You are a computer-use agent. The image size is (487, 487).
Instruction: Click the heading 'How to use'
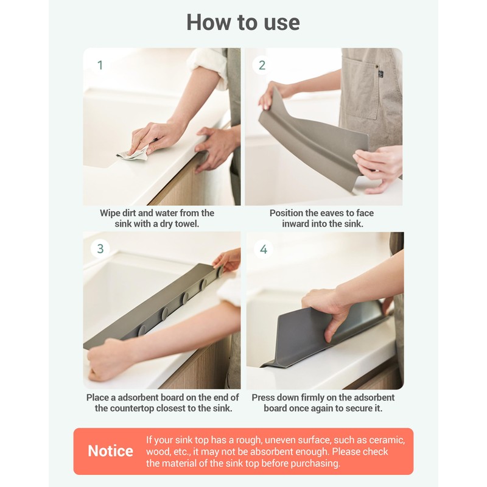click(243, 23)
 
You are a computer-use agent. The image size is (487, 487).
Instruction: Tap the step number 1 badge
click(100, 65)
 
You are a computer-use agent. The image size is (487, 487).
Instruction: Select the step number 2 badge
click(262, 65)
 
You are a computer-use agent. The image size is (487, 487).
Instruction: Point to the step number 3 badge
click(100, 248)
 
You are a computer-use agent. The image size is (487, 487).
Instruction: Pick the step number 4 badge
click(264, 249)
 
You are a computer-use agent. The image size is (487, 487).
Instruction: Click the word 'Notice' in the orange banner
click(110, 451)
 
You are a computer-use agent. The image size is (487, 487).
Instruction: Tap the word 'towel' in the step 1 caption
click(187, 223)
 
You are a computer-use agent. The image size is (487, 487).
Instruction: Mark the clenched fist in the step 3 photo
click(104, 360)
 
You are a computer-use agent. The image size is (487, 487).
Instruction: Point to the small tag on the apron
click(381, 74)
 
